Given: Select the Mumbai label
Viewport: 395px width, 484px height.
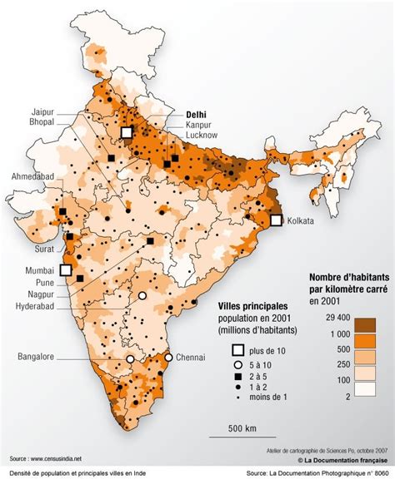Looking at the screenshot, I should [x=38, y=271].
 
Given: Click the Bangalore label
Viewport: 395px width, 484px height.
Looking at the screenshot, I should [x=36, y=357].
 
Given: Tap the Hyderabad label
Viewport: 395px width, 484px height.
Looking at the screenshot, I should [x=37, y=306].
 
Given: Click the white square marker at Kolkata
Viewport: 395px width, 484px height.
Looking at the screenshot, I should [x=276, y=220].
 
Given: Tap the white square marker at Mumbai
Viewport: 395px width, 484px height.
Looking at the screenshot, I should [x=66, y=269].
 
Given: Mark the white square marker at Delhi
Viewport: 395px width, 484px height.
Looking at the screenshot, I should [x=127, y=132].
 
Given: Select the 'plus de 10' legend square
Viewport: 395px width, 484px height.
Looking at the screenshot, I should [x=237, y=349].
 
